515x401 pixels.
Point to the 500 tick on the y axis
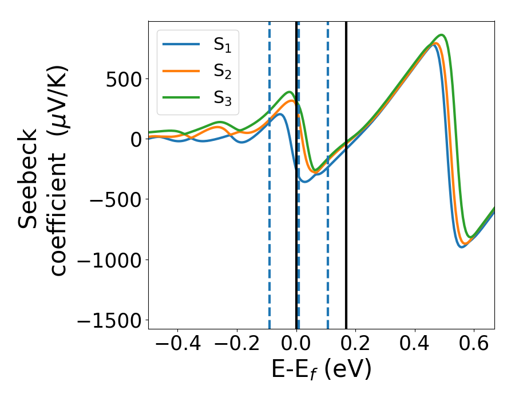click(x=124, y=78)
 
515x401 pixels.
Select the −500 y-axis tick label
click(x=115, y=199)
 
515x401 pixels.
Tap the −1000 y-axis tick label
click(x=108, y=260)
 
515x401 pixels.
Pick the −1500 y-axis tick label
click(x=108, y=320)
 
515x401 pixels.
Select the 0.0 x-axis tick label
click(x=296, y=344)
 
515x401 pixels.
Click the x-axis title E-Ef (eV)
click(x=321, y=370)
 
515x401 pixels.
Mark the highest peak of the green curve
click(x=441, y=35)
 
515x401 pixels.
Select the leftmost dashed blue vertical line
click(x=270, y=229)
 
